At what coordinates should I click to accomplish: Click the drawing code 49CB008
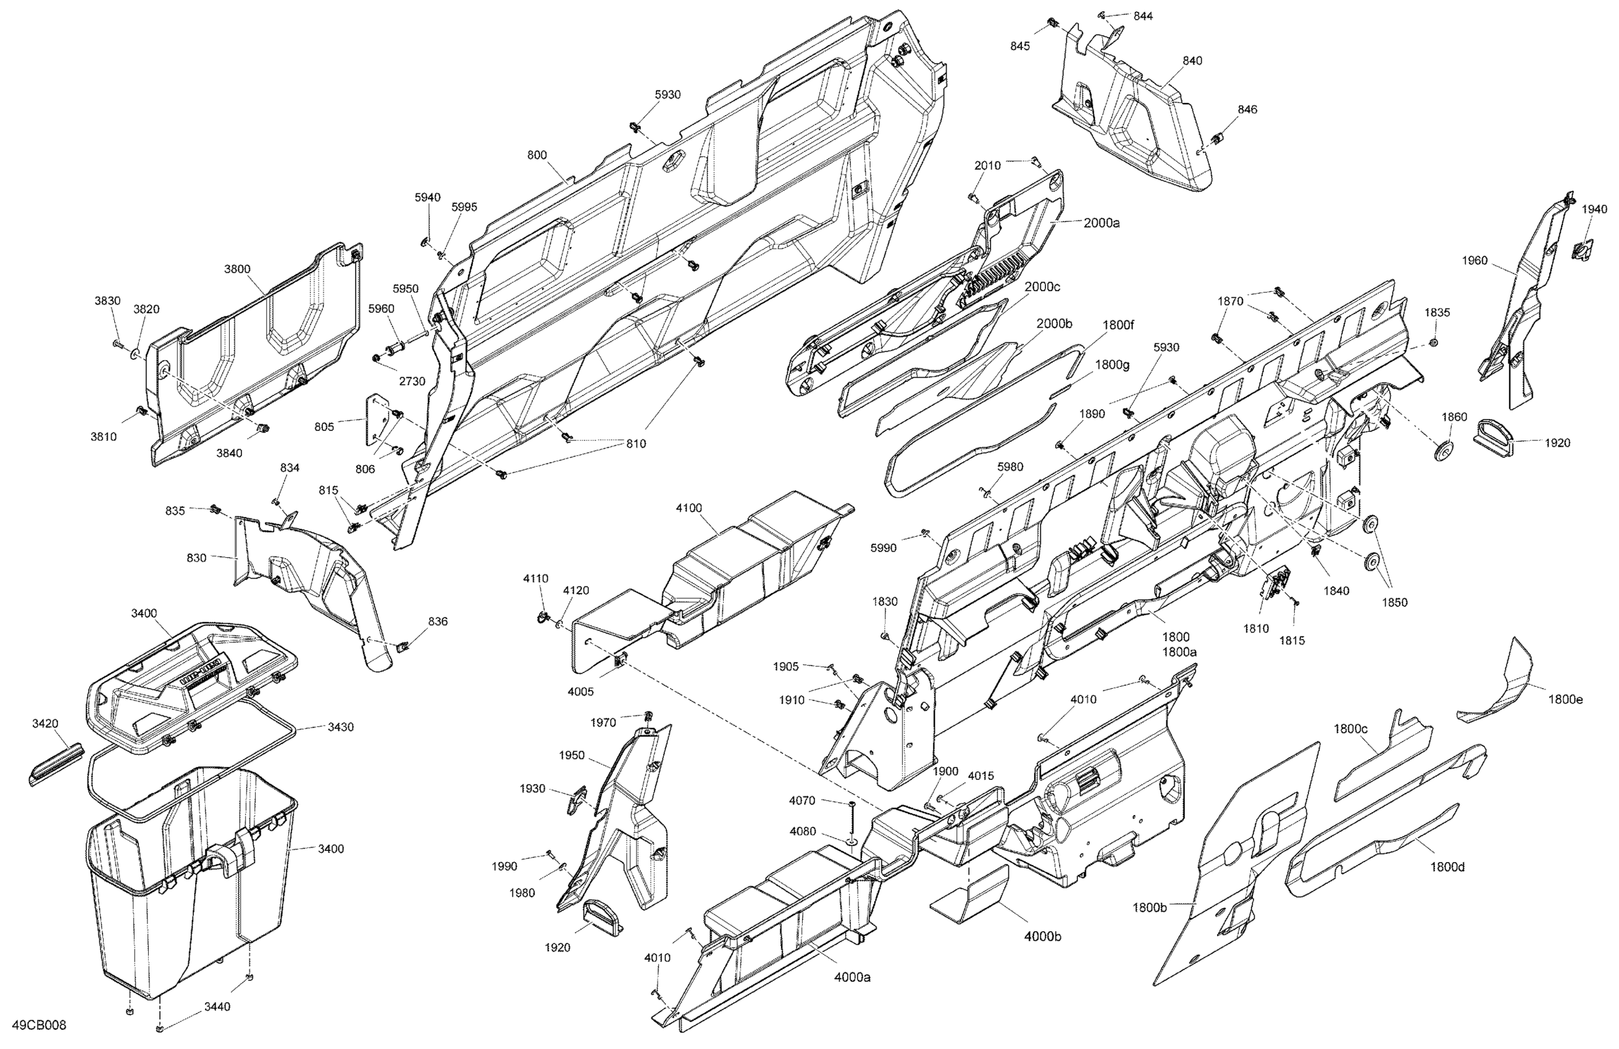click(x=40, y=1025)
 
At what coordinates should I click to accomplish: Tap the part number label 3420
click(x=45, y=724)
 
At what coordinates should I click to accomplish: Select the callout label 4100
click(x=688, y=508)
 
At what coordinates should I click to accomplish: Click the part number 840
click(x=1192, y=60)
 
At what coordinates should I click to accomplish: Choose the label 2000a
click(x=1102, y=222)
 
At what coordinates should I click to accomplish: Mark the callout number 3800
click(x=236, y=268)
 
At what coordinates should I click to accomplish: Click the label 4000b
click(x=1042, y=936)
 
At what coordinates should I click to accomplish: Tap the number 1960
click(x=1474, y=260)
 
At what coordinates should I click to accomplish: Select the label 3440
click(x=217, y=1007)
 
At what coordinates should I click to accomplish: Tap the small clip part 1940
click(x=1584, y=250)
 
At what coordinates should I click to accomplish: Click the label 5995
click(x=464, y=207)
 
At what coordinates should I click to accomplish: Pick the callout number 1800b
click(x=1150, y=907)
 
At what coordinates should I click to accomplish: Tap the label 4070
click(x=802, y=801)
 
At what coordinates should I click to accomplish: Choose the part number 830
click(x=196, y=558)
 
